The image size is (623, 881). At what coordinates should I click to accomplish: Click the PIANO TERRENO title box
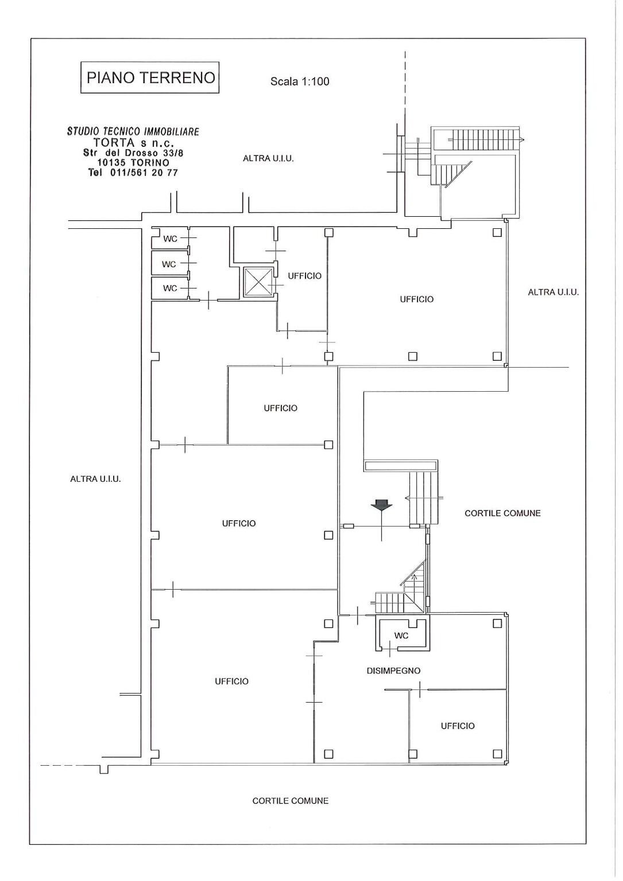coord(150,77)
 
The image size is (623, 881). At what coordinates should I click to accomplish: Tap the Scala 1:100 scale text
coord(300,81)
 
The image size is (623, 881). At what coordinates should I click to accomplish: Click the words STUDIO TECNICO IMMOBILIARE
coord(133,131)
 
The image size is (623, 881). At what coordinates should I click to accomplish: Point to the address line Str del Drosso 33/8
coord(133,153)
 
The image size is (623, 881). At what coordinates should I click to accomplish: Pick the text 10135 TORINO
coord(133,163)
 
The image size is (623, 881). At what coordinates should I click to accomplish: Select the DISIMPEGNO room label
coord(393,671)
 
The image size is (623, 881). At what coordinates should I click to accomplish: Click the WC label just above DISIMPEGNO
coord(401,636)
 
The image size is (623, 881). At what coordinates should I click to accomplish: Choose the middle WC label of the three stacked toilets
coord(169,264)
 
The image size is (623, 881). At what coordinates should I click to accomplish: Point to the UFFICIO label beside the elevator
coord(304,276)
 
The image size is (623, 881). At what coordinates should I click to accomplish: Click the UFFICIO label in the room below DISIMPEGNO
coord(458,726)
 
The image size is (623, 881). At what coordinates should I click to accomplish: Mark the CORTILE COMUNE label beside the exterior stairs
coord(502,513)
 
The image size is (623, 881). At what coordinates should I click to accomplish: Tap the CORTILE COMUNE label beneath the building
coord(291,801)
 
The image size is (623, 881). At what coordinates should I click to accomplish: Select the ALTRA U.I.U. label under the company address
coord(268,158)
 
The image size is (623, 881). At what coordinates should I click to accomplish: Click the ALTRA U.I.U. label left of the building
coord(95,479)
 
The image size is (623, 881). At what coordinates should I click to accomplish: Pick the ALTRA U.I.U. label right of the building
coord(553,293)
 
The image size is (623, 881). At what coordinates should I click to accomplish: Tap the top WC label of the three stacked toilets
coord(170,239)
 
